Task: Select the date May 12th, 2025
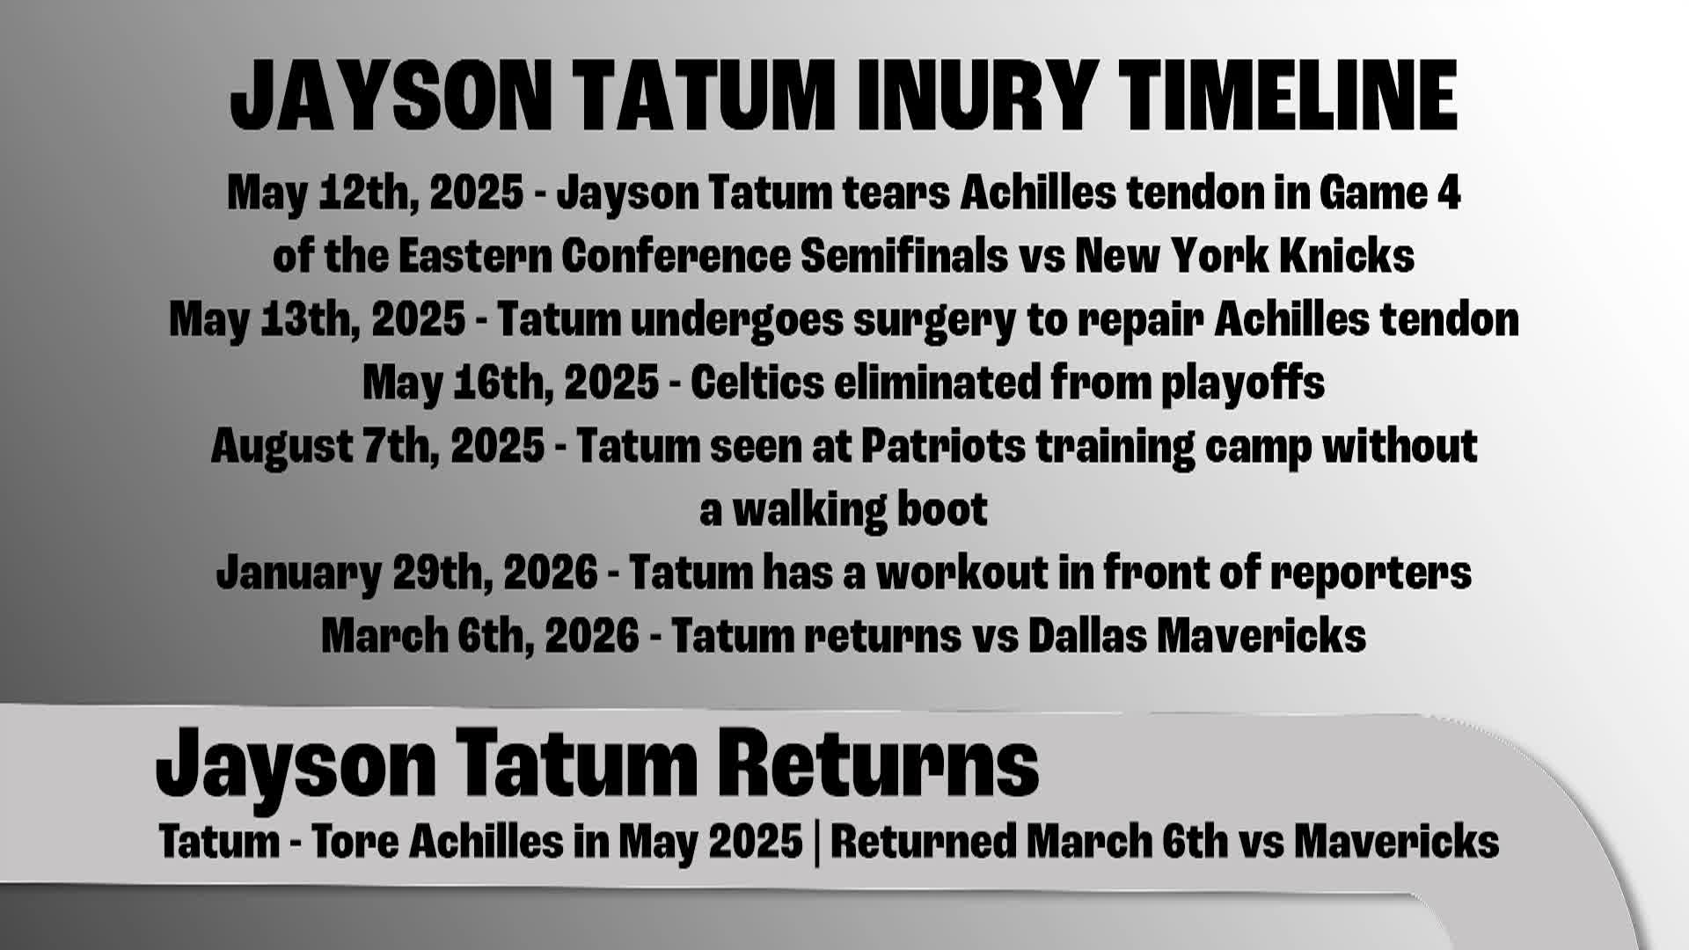tap(375, 193)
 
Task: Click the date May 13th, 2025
tap(317, 319)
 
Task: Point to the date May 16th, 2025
tap(510, 383)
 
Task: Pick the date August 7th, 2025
tap(377, 446)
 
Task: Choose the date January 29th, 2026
tap(406, 573)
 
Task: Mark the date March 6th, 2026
tap(479, 636)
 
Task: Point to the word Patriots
tap(942, 446)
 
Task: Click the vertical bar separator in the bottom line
tap(816, 842)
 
